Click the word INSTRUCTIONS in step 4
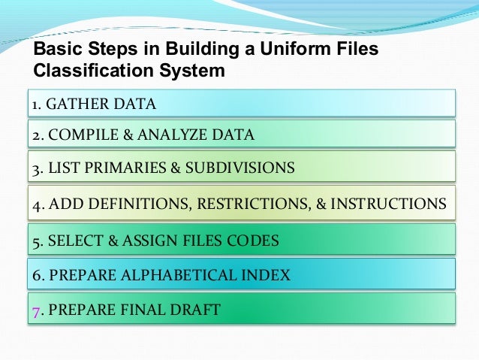coord(389,204)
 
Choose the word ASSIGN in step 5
coord(163,241)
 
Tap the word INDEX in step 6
coord(267,275)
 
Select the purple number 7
coord(35,309)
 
